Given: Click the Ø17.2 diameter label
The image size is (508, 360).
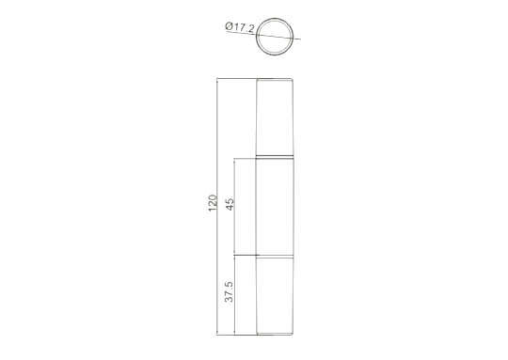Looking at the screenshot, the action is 240,27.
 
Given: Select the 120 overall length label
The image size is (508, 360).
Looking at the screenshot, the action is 213,203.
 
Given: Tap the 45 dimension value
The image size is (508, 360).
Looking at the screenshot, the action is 230,204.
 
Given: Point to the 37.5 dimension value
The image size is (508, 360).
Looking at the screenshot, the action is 229,291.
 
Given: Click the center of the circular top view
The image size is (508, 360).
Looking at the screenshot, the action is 275,37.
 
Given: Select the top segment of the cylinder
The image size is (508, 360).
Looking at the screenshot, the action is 275,117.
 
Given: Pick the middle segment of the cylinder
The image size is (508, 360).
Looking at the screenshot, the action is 275,207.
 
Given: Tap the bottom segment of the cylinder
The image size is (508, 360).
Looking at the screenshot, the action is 275,296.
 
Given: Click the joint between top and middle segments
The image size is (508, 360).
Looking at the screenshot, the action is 275,157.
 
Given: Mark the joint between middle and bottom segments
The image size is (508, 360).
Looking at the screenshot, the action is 275,256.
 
